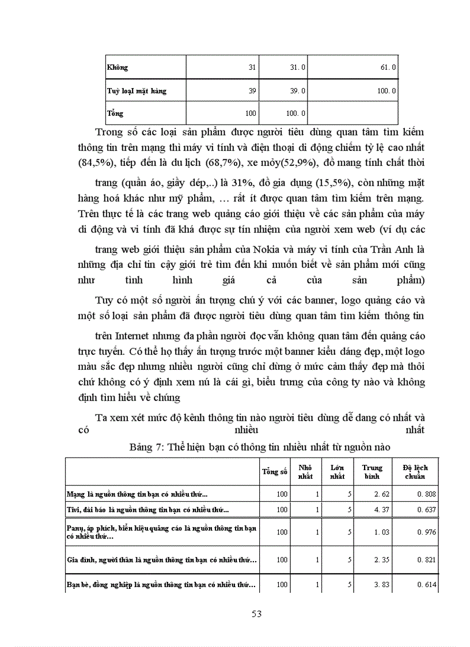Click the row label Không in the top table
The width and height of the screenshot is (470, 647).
coord(117,67)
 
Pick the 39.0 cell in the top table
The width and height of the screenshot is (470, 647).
coord(297,91)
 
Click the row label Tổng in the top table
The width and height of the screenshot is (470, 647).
coord(115,113)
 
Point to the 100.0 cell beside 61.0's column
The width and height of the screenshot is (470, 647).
coord(385,91)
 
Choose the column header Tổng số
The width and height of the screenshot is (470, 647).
coord(275,472)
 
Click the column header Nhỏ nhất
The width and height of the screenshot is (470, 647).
coord(305,472)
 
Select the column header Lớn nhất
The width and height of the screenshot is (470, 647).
coord(337,472)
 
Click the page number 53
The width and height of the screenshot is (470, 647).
coord(257,614)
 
